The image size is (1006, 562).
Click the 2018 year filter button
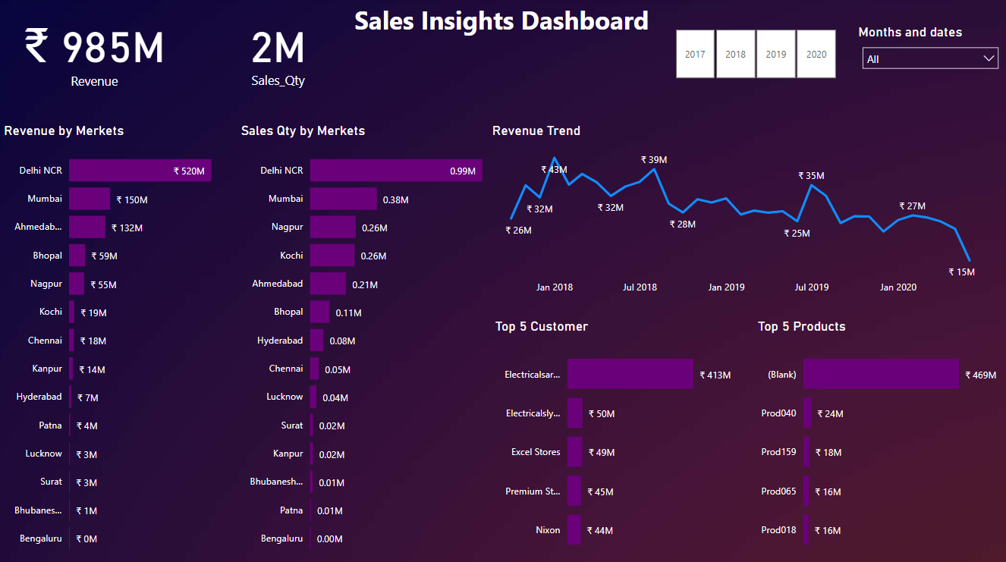(735, 54)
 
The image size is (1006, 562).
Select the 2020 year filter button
(816, 54)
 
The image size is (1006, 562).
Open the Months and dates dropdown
(930, 58)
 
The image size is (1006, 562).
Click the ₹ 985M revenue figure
(94, 47)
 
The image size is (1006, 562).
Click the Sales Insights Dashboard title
(501, 20)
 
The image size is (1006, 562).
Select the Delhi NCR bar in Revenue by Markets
(140, 171)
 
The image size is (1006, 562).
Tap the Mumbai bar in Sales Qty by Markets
(343, 199)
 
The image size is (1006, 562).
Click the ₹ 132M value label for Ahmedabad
(127, 228)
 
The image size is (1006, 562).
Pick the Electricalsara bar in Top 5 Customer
(630, 374)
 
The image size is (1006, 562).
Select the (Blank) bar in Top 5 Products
(881, 374)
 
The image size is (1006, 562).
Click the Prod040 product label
(778, 413)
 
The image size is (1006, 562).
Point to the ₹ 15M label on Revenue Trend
(961, 272)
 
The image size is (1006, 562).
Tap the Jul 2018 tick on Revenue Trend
(640, 287)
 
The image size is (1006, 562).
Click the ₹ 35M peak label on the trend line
(811, 176)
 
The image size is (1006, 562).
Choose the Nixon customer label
(548, 530)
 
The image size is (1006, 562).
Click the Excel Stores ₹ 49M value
(601, 453)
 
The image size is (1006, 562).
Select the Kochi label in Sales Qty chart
(291, 256)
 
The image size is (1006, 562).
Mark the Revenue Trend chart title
(536, 130)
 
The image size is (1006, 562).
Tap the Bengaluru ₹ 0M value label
(86, 539)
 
